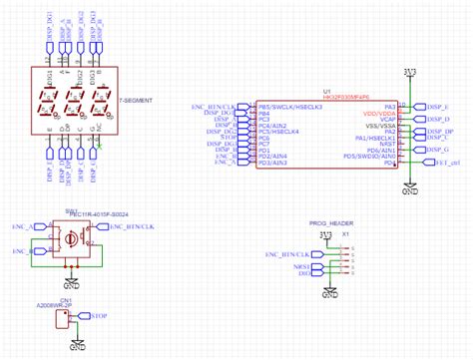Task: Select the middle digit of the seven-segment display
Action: [73, 101]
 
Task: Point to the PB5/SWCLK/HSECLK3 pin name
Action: [290, 106]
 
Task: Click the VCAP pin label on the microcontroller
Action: [387, 121]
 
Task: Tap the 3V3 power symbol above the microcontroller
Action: [409, 72]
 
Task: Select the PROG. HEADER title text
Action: [330, 222]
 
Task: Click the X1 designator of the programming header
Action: [346, 234]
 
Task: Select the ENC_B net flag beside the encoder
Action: [22, 252]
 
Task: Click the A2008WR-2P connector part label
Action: [54, 304]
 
